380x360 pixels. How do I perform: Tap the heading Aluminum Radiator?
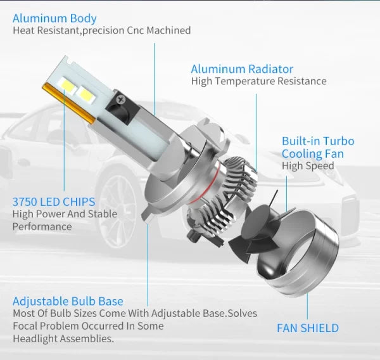point(242,68)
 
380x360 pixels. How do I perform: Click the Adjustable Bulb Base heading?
point(68,301)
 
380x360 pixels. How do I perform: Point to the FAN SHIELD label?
point(308,328)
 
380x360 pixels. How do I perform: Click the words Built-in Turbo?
point(318,141)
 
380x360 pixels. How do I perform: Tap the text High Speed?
point(308,166)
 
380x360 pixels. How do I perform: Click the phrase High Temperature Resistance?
point(258,81)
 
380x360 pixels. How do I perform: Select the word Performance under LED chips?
point(42,226)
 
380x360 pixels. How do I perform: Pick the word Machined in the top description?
point(168,30)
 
